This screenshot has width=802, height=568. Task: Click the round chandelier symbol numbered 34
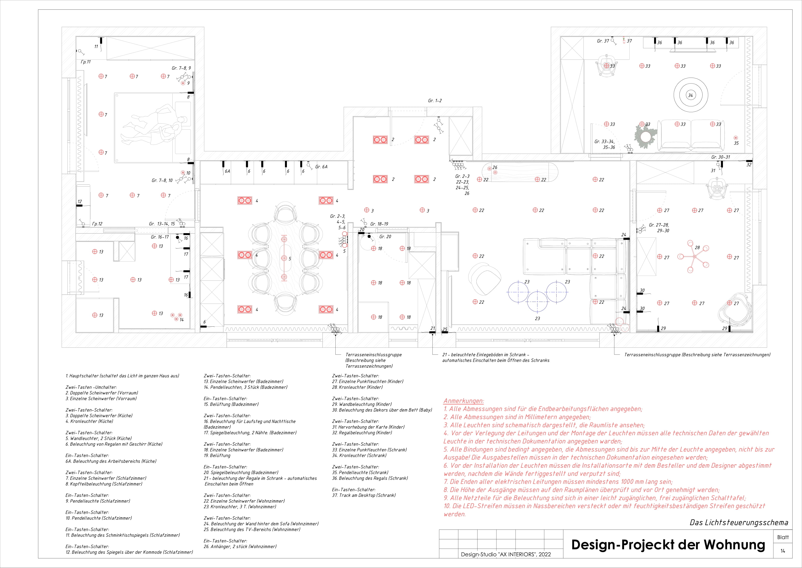point(691,95)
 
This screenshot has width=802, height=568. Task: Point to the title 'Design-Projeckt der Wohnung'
point(668,545)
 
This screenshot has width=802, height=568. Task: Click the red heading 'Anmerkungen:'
point(463,401)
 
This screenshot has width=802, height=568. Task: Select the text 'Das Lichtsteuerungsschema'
point(738,523)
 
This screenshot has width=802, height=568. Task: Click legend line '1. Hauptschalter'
point(122,376)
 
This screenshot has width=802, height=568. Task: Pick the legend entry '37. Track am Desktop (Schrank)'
point(364,495)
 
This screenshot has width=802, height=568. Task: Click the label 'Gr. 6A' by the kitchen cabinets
point(321,167)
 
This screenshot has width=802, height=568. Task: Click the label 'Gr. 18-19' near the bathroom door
point(379,224)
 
